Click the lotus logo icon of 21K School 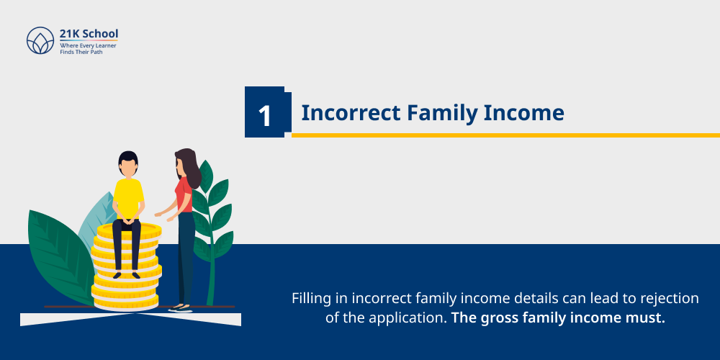coord(40,41)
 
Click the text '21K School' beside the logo coord(89,33)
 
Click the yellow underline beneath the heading coord(504,135)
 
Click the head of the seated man coord(127,164)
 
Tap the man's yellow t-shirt coord(129,198)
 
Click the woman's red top coord(184,194)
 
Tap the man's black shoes coord(126,274)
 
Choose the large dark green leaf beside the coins coord(54,259)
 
